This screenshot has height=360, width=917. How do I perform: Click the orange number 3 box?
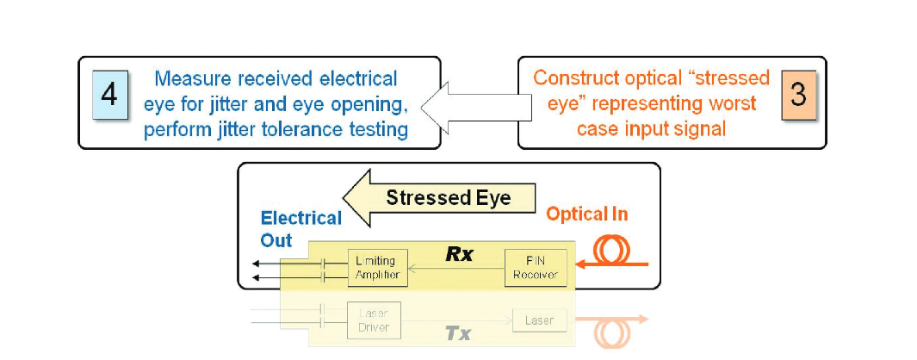click(x=798, y=95)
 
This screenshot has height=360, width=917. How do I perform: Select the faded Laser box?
click(x=540, y=320)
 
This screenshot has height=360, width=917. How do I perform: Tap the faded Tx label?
click(x=458, y=333)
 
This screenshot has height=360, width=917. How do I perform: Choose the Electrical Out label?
click(x=301, y=229)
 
